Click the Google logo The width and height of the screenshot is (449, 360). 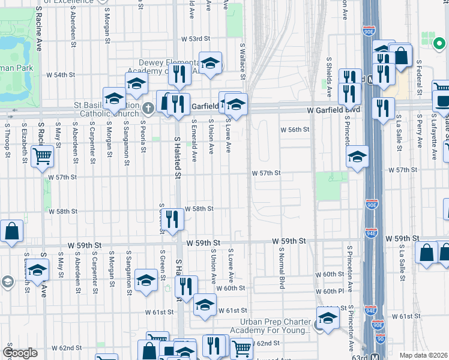[20, 353]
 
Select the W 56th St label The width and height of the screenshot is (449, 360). [295, 130]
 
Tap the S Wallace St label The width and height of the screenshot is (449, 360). [243, 60]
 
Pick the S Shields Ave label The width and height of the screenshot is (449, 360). [330, 77]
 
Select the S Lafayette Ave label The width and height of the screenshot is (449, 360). [434, 143]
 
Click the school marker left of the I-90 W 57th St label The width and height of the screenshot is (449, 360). [357, 157]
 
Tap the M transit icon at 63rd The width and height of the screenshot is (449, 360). [374, 357]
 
